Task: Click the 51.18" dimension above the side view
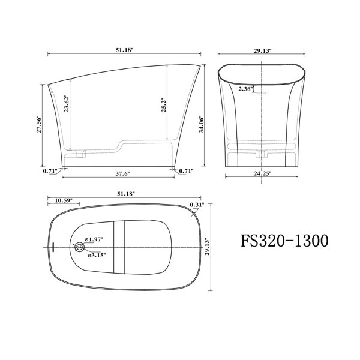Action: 124,50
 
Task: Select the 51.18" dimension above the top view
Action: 126,194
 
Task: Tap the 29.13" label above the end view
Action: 263,50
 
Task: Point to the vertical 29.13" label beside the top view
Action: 208,247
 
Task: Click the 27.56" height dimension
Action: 39,125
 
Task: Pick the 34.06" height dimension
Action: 202,124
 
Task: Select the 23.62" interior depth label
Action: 67,103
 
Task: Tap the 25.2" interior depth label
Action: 163,106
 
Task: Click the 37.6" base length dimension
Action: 122,173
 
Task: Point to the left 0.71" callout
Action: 50,171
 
